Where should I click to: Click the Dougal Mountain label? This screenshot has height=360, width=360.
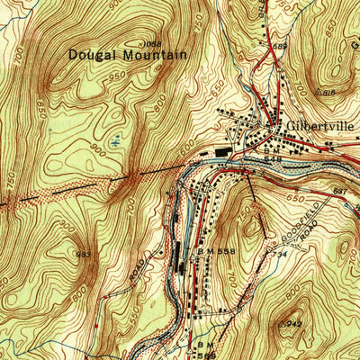point(128,56)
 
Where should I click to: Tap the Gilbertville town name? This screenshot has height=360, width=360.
point(320,127)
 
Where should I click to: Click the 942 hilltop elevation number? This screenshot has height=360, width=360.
point(292,322)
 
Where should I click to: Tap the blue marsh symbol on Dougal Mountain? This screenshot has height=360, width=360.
point(115,140)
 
